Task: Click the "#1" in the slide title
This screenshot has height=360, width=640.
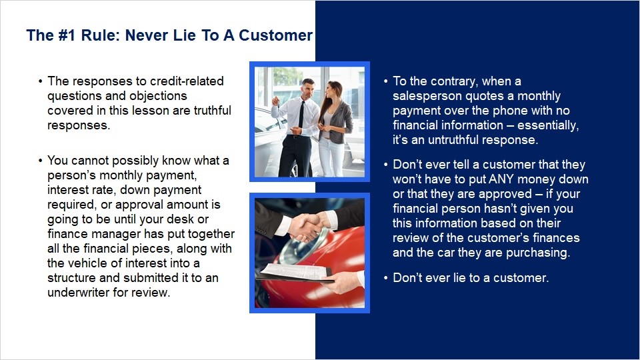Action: (x=67, y=35)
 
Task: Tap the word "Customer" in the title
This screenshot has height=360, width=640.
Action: (x=275, y=35)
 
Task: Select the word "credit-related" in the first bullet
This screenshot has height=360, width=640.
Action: (x=187, y=81)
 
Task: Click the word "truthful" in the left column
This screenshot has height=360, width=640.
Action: (x=212, y=110)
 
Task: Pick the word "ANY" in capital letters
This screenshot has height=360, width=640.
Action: (x=501, y=179)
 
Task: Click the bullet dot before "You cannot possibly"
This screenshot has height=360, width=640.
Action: (x=40, y=161)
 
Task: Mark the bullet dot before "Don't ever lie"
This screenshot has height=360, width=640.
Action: (x=386, y=278)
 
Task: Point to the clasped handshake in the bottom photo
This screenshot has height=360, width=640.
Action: (x=307, y=227)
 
